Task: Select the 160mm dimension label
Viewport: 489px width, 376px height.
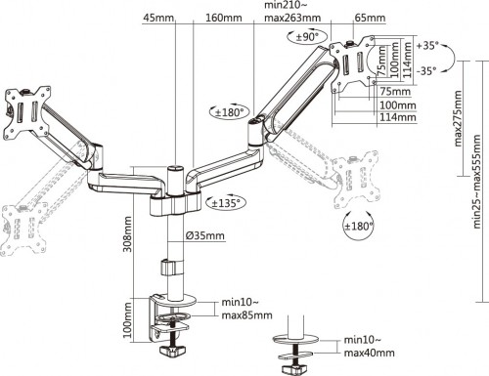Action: point(218,17)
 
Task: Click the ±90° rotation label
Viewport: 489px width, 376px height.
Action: point(312,37)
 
